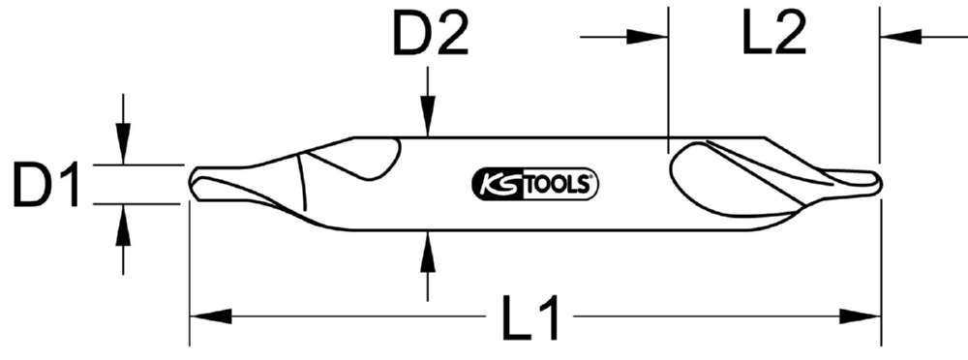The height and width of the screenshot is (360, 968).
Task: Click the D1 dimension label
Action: pyautogui.click(x=45, y=184)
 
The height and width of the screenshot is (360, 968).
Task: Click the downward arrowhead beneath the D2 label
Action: pyautogui.click(x=427, y=121)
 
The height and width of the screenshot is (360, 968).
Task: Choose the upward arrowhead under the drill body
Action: pyautogui.click(x=427, y=246)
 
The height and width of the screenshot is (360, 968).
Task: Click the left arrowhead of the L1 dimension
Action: pyautogui.click(x=208, y=315)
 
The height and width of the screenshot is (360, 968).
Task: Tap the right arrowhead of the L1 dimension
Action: pyautogui.click(x=862, y=315)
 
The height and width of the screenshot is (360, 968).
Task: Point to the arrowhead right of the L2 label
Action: pyautogui.click(x=900, y=38)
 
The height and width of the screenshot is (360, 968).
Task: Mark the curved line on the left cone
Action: pyautogui.click(x=302, y=184)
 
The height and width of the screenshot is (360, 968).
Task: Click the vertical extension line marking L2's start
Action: pyautogui.click(x=668, y=77)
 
